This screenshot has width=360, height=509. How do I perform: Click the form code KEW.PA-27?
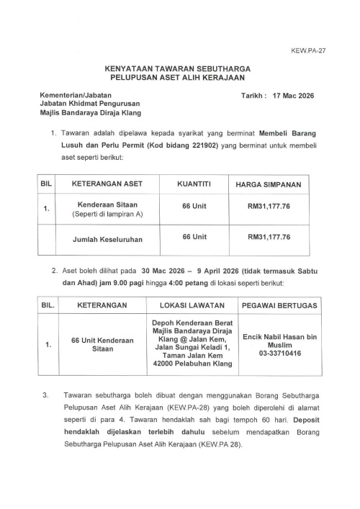click(x=312, y=50)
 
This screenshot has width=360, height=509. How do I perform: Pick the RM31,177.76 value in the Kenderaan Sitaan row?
click(x=269, y=207)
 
